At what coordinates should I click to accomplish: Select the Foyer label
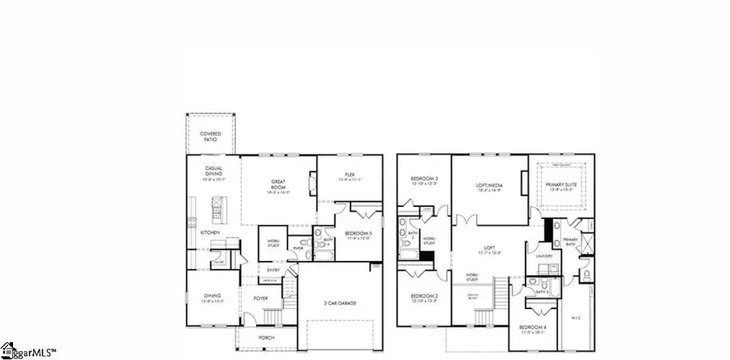coord(260,298)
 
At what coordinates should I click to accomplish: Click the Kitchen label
coord(210,232)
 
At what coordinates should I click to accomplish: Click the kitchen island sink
coord(217,213)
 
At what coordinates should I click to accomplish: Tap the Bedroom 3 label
coord(424,179)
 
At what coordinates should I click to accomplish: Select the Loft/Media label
coord(490,187)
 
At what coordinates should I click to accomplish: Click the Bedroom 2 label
coord(423,297)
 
